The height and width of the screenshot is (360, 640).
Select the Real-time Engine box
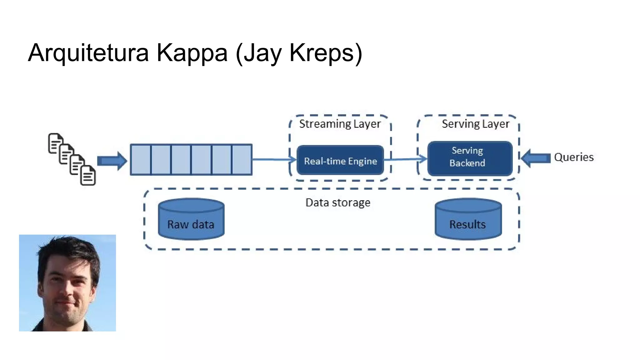[x=340, y=160]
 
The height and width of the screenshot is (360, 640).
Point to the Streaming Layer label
[x=340, y=124]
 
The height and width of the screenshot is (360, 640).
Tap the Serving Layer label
[x=475, y=124]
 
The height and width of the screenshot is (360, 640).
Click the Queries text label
[x=574, y=157]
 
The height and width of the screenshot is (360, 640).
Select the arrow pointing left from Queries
[x=536, y=158]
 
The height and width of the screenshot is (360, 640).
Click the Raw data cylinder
[x=191, y=219]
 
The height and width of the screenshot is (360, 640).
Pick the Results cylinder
[x=468, y=219]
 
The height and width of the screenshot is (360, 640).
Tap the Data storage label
[x=338, y=203]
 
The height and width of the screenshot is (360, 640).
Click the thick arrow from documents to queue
[x=112, y=161]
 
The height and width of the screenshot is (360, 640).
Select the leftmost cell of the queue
[x=141, y=160]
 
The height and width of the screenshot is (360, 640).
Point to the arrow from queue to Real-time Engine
[x=273, y=160]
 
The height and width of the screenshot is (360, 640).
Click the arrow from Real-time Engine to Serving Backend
[x=405, y=159]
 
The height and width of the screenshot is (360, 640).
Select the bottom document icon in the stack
[x=88, y=175]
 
